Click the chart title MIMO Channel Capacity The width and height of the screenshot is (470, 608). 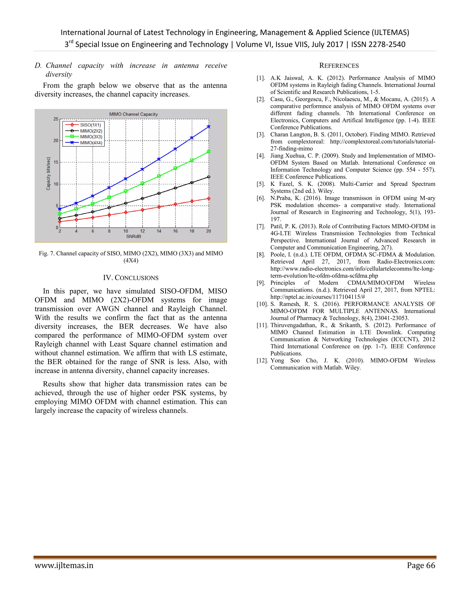pyautogui.click(x=133, y=114)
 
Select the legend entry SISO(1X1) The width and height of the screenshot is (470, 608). pyautogui.click(x=90, y=125)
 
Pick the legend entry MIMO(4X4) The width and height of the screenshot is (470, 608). pyautogui.click(x=91, y=143)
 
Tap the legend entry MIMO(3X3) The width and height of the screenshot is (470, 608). pyautogui.click(x=91, y=137)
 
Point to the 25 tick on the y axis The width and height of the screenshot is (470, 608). pyautogui.click(x=56, y=119)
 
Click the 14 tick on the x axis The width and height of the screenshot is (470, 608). pyautogui.click(x=159, y=231)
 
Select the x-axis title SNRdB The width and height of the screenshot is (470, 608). pyautogui.click(x=134, y=237)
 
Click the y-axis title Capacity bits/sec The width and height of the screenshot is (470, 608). pyautogui.click(x=48, y=174)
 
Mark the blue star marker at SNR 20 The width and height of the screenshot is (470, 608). pyautogui.click(x=209, y=127)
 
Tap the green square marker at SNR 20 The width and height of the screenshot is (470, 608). pyautogui.click(x=209, y=152)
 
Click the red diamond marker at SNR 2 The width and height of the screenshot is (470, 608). pyautogui.click(x=60, y=222)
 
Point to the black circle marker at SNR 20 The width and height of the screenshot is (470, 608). pyautogui.click(x=209, y=177)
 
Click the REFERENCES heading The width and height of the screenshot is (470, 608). pyautogui.click(x=339, y=66)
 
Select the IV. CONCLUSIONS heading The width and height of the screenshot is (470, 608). pyautogui.click(x=131, y=278)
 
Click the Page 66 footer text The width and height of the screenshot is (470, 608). pyautogui.click(x=421, y=565)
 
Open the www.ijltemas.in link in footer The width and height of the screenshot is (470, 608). pyautogui.click(x=64, y=565)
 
